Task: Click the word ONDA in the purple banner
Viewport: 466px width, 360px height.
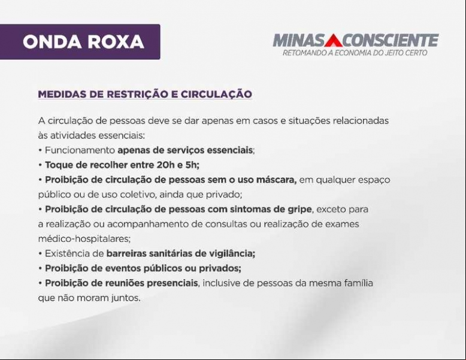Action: point(52,41)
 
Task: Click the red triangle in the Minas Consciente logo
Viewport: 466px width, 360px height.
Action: point(334,40)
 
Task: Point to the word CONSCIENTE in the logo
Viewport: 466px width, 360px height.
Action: point(390,40)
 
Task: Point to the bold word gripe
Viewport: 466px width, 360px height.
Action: point(299,210)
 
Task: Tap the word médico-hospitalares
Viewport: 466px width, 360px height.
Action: point(84,239)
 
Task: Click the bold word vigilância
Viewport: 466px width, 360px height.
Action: point(232,253)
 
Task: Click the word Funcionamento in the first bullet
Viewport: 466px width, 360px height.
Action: point(80,150)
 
